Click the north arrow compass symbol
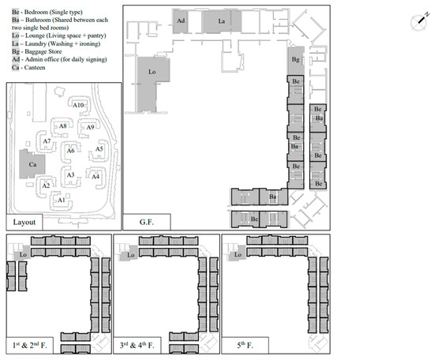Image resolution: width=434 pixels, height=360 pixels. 419,22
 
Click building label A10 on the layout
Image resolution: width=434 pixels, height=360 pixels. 78,105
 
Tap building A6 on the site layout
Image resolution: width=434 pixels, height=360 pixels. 71,152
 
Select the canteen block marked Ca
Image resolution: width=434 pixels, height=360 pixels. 32,164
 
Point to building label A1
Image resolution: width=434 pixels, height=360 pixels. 62,200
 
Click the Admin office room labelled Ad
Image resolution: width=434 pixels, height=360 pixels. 181,21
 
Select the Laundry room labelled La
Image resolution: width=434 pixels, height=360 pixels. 222,21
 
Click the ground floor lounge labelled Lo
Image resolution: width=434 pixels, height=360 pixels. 151,77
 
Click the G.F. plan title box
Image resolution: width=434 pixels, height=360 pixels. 147,222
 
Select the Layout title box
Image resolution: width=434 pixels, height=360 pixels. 24,222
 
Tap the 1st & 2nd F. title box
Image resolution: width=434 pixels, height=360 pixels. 30,345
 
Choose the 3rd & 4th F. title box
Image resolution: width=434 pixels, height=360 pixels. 137,345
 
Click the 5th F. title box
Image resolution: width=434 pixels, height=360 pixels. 245,345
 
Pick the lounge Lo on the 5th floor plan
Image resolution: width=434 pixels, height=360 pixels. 238,254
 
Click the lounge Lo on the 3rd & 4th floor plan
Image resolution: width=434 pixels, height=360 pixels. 130,254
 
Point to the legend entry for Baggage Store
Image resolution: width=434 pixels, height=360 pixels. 37,51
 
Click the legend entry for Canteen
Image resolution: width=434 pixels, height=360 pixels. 28,68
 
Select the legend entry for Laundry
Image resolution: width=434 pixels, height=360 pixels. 56,43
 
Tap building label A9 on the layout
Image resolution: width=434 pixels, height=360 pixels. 90,127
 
